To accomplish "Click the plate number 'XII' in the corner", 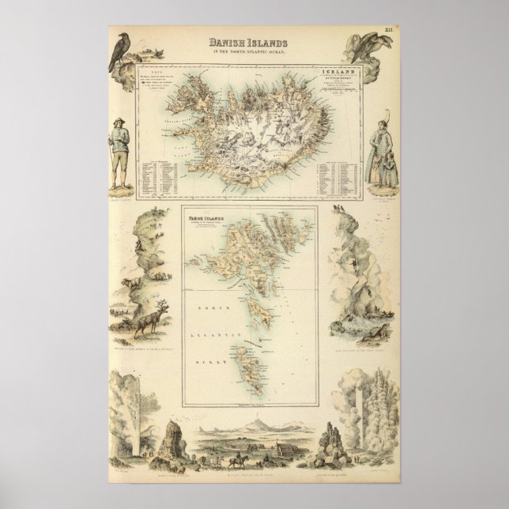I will [x=389, y=31].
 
